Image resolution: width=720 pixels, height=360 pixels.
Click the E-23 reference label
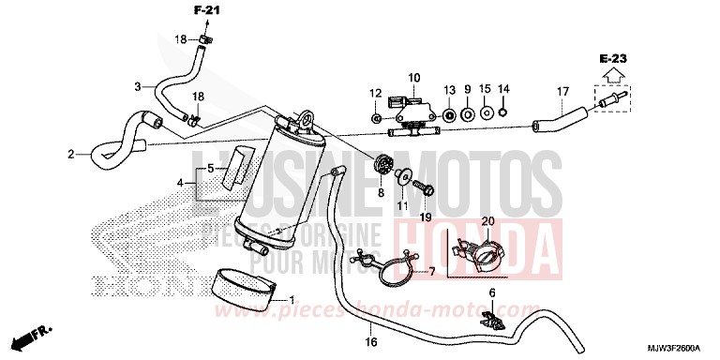tap(613, 58)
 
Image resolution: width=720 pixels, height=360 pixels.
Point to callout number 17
tap(563, 91)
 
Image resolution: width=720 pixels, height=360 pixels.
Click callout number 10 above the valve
tap(413, 76)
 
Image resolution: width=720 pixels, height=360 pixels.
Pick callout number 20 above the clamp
tap(487, 221)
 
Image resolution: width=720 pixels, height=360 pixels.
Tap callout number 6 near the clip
tap(491, 293)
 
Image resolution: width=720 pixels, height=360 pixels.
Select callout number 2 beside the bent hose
tap(70, 154)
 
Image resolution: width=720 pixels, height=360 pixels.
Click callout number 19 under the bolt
tap(426, 217)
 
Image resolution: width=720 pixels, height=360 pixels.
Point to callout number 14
tap(503, 88)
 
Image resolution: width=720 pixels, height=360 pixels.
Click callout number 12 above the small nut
tap(374, 92)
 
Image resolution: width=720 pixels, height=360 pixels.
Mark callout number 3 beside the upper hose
tap(138, 87)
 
